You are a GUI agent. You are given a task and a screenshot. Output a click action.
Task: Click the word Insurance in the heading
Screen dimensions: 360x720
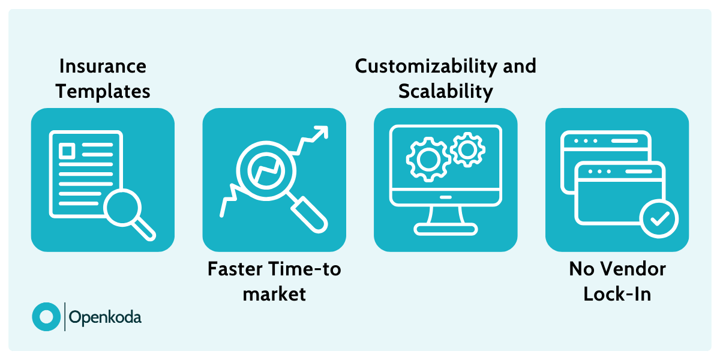click(x=103, y=65)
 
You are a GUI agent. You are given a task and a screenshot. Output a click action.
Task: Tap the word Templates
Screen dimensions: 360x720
click(x=103, y=91)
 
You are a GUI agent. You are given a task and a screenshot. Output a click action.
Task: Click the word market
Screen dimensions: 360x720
click(x=274, y=294)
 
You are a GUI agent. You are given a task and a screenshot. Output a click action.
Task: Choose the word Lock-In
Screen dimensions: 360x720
click(x=617, y=294)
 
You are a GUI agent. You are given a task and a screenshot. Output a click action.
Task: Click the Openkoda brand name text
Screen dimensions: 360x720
click(x=106, y=317)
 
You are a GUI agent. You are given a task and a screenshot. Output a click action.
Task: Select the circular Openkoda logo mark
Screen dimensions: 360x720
click(x=46, y=316)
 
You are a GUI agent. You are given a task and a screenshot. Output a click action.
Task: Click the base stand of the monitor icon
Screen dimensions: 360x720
click(x=445, y=228)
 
